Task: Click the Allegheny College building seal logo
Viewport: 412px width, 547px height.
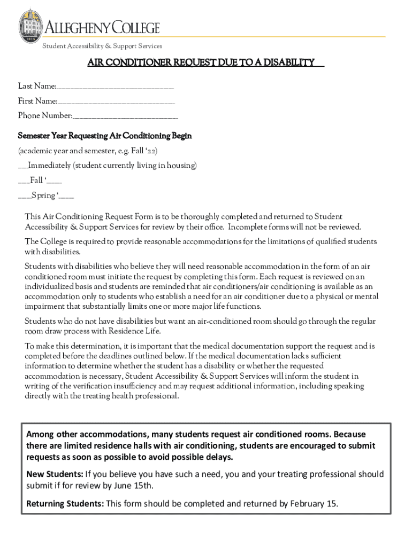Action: coord(30,25)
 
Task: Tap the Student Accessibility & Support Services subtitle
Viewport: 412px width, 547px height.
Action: coord(102,46)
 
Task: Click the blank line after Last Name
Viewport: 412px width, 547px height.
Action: coord(116,87)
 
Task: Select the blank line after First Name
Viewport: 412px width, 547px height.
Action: coord(116,101)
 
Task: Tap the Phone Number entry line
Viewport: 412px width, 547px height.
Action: coord(125,116)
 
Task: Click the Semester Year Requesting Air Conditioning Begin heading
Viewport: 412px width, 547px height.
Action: coord(105,136)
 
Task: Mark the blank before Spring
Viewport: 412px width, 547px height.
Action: coord(24,196)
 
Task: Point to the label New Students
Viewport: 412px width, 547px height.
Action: coord(54,474)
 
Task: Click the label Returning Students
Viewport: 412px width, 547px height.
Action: coord(65,504)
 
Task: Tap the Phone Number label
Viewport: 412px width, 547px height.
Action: coord(45,116)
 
